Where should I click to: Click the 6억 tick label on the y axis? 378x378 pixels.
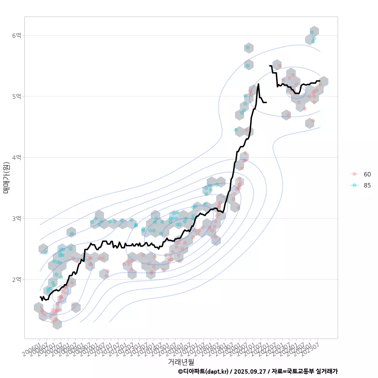coord(16,35)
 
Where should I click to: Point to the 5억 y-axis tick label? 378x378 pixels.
coord(16,96)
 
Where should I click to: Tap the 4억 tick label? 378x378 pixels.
coord(16,157)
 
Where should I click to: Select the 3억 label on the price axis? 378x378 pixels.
coord(16,219)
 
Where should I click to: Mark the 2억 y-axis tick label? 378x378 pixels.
coord(16,280)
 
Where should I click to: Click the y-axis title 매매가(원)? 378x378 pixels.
coord(6,177)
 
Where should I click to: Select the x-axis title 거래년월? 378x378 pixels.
coord(181,361)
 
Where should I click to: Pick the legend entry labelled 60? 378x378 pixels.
coord(367,174)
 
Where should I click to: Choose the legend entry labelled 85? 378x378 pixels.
coord(367,185)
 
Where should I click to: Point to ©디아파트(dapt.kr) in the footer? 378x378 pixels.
coord(203,371)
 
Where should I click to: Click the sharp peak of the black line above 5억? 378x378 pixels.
coord(258,84)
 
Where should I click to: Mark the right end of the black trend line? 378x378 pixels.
coord(320,81)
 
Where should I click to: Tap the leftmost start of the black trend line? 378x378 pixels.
coord(40,296)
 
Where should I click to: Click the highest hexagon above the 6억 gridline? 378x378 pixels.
coord(314,31)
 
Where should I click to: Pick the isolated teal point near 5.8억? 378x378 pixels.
coord(248,48)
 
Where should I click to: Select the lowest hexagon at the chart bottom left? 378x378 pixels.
coord(57,324)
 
